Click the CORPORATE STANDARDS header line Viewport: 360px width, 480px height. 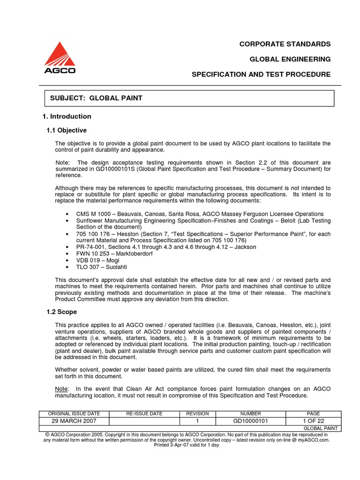click(285, 44)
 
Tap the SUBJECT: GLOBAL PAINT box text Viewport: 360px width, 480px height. click(96, 98)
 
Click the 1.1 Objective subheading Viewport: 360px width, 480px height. click(66, 130)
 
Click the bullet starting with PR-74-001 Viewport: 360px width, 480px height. click(166, 247)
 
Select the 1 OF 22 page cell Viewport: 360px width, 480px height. click(313, 421)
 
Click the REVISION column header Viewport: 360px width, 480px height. click(197, 414)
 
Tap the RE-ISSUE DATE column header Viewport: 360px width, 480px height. click(144, 414)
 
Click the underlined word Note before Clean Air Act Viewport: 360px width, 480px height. click(61, 389)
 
